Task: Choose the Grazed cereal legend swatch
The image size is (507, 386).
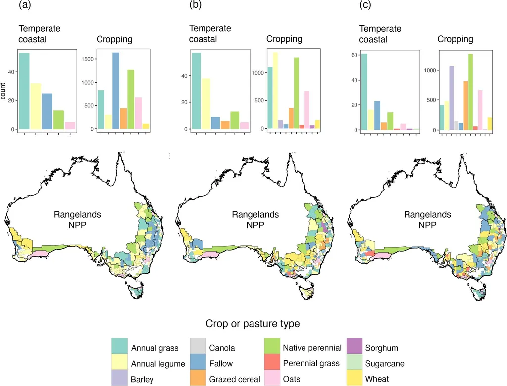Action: pyautogui.click(x=200, y=379)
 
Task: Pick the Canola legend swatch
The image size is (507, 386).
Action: pyautogui.click(x=200, y=348)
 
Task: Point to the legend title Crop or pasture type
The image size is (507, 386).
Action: pyautogui.click(x=253, y=324)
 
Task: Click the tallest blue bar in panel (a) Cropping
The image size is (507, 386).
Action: pyautogui.click(x=116, y=91)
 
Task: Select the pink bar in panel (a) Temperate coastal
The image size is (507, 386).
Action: pyautogui.click(x=70, y=125)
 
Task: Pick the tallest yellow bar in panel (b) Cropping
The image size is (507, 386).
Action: pyautogui.click(x=276, y=91)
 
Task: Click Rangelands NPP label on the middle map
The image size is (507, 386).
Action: pyautogui.click(x=255, y=220)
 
